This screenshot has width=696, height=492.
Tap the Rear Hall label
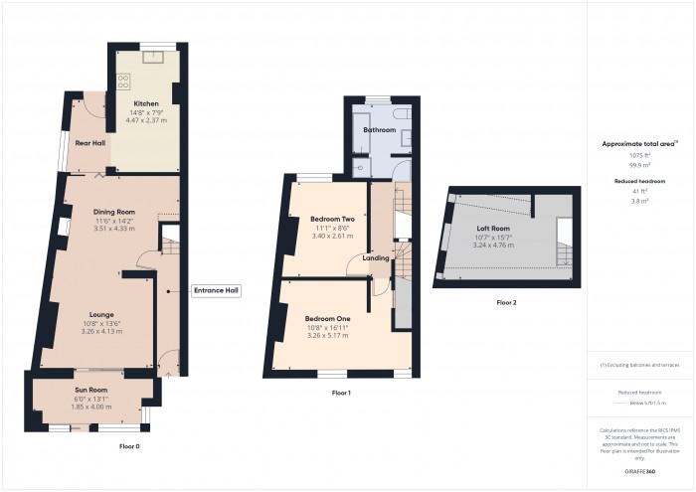90,143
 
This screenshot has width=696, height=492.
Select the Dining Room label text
114,212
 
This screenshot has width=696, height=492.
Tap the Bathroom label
380,130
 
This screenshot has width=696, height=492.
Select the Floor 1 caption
341,394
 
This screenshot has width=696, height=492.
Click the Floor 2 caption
507,302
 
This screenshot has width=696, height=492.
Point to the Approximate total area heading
638,143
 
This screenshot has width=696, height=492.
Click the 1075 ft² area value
640,155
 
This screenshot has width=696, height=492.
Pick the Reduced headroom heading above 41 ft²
640,181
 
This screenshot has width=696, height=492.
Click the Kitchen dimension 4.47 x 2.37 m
147,120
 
